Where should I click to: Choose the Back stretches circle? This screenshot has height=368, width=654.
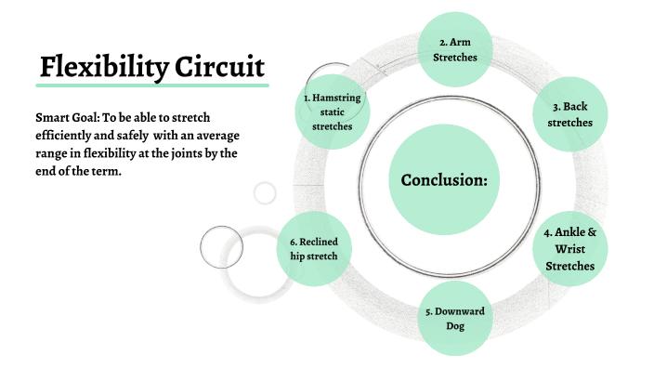tap(569, 113)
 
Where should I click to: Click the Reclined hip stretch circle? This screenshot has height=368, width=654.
tap(314, 249)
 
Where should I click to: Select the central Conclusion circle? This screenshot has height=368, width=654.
tap(444, 179)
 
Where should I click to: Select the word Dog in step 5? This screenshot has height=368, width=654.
tap(454, 325)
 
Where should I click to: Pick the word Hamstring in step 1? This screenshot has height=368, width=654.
tap(337, 97)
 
